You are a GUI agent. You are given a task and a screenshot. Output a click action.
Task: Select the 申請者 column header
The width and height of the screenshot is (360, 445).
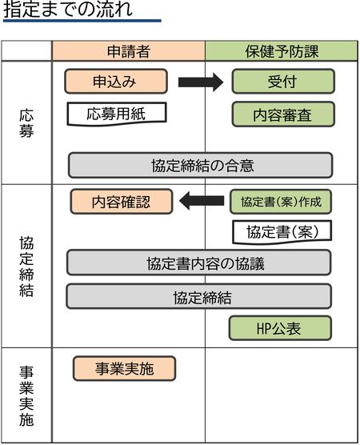[128, 51]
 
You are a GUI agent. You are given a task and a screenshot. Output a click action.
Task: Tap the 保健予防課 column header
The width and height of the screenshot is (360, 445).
[282, 51]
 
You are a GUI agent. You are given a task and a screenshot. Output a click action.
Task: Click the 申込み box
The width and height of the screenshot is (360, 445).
[116, 82]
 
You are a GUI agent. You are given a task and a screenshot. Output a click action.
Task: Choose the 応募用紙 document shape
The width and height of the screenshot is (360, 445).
[117, 113]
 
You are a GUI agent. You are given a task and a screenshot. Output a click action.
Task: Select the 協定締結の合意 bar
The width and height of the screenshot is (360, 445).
[200, 165]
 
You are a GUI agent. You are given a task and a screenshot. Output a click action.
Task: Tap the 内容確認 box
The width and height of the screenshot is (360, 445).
[122, 201]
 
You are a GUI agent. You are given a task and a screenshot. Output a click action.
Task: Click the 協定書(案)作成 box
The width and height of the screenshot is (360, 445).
[282, 201]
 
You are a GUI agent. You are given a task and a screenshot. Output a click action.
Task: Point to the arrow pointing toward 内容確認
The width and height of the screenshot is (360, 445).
[201, 201]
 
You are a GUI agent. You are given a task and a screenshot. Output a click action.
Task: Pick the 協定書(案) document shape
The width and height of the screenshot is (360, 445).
[282, 232]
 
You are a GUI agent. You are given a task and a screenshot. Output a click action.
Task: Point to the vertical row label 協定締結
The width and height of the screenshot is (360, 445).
[26, 266]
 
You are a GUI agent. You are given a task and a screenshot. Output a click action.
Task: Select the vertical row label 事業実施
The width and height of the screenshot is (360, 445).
[26, 396]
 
